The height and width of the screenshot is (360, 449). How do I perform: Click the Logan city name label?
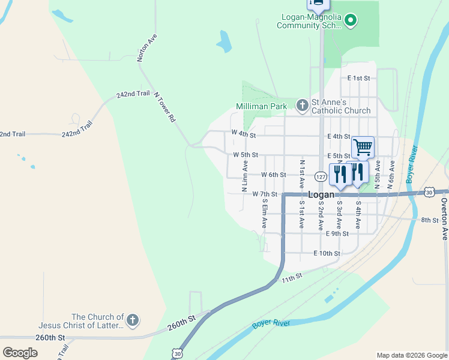point(321,195)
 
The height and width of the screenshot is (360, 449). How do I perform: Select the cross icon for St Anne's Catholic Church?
point(302,106)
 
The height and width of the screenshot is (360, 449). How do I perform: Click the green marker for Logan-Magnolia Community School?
point(351,22)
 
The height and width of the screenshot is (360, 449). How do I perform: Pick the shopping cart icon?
point(363,146)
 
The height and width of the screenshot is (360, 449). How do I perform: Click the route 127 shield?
point(321,176)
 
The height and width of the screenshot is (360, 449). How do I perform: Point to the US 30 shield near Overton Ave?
point(429,191)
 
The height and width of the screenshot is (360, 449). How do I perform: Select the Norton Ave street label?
point(147,47)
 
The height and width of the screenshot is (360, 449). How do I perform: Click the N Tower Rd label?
point(164,107)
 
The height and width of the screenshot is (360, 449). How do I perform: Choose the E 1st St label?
point(359,78)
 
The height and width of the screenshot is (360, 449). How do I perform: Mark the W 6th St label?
point(274,175)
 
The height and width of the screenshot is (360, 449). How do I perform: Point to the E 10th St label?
point(327,253)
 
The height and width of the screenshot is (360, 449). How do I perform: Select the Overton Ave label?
point(444,218)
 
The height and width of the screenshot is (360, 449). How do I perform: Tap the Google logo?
point(20,353)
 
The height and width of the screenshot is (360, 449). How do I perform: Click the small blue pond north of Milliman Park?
point(224,41)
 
